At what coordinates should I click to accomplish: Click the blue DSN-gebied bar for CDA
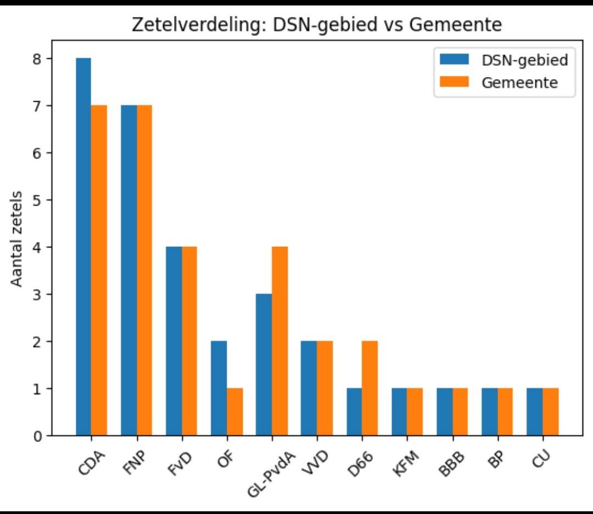(x=83, y=247)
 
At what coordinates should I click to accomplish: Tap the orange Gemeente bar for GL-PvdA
(x=279, y=341)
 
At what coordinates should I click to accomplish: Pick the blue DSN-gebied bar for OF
(x=219, y=389)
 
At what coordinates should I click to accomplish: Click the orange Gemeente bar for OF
(x=234, y=412)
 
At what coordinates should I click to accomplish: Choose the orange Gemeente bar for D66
(x=370, y=389)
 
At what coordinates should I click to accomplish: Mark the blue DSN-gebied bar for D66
(x=354, y=412)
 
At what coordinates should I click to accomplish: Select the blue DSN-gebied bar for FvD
(x=174, y=341)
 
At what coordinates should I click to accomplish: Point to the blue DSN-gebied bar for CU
(x=534, y=412)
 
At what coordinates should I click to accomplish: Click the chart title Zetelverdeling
(x=317, y=25)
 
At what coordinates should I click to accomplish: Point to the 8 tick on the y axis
(x=37, y=58)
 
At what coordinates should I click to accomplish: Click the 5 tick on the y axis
(x=37, y=200)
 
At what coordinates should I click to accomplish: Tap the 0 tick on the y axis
(x=37, y=436)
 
